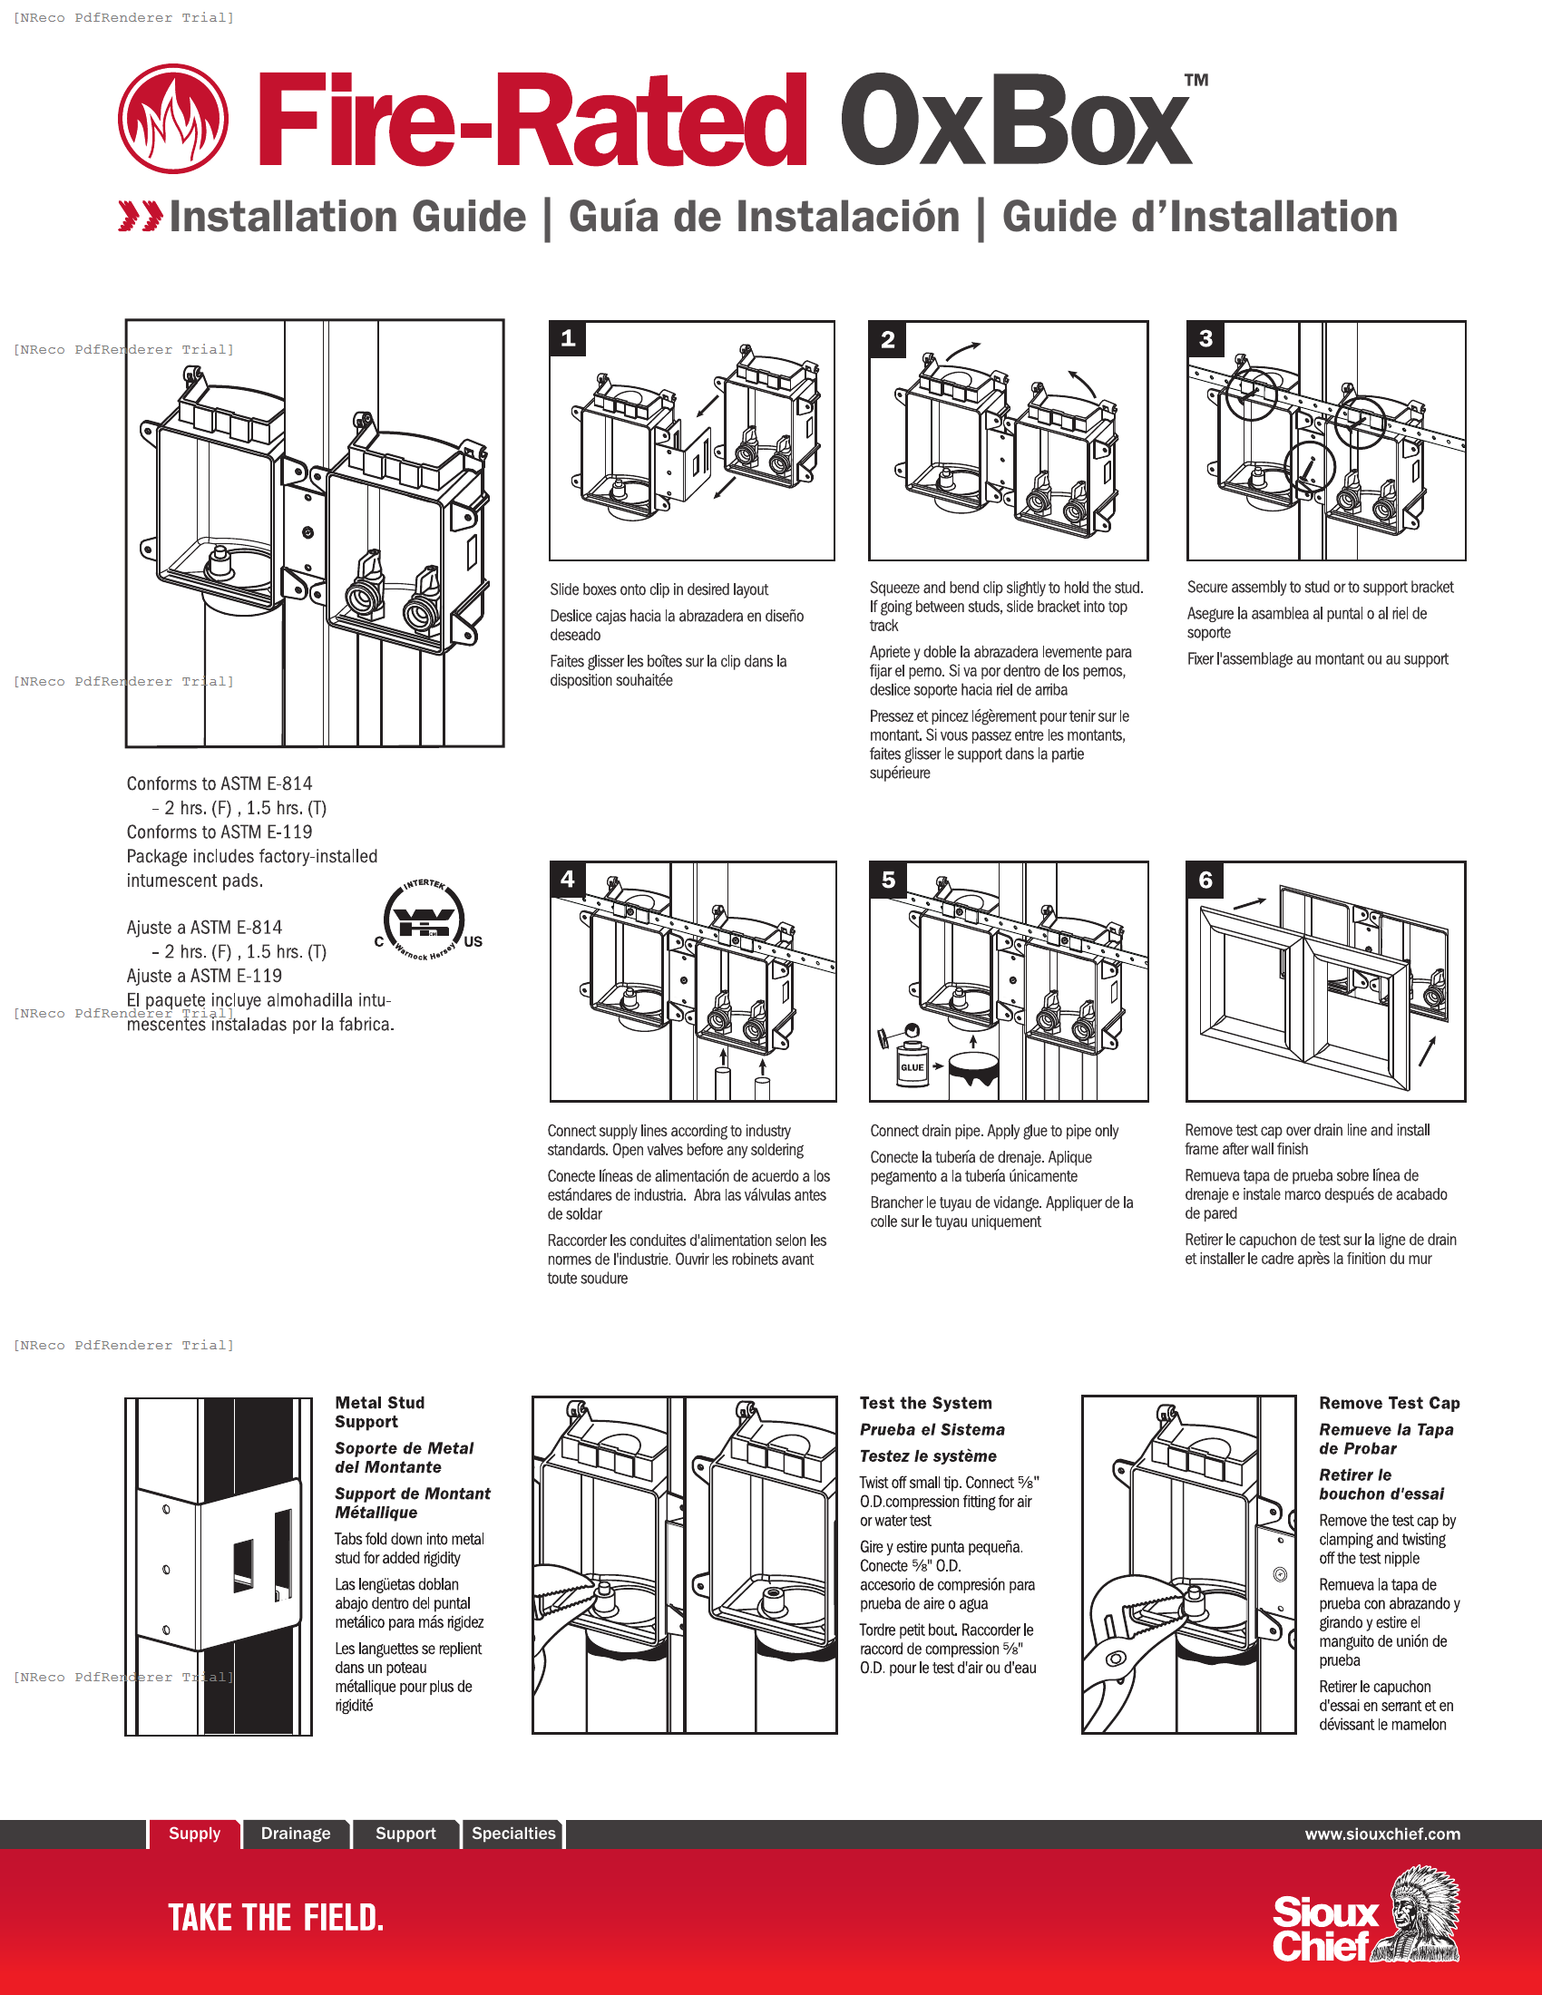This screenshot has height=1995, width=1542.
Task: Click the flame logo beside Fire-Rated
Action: click(172, 119)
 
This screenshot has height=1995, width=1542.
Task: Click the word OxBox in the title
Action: click(1016, 121)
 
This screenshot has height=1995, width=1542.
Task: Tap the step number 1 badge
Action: click(567, 339)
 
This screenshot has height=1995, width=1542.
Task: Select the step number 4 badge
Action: click(567, 879)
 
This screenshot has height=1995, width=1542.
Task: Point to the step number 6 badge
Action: click(1205, 880)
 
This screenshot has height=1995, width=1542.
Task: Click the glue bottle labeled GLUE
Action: click(912, 1059)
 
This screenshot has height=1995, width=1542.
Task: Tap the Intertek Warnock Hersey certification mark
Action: click(425, 920)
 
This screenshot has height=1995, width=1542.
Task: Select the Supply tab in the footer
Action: click(195, 1834)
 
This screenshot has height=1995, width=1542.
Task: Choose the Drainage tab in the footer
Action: click(296, 1834)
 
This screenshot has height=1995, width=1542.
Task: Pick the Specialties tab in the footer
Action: click(513, 1834)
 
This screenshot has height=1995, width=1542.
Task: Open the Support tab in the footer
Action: click(405, 1834)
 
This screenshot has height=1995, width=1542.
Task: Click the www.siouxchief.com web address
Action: click(1382, 1834)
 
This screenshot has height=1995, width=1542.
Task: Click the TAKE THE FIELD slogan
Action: click(276, 1917)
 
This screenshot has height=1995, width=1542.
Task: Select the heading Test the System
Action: click(925, 1403)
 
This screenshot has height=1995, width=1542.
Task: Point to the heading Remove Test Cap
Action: click(1389, 1403)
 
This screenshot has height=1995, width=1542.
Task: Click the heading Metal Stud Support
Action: click(379, 1412)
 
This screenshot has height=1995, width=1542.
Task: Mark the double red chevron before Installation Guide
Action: click(141, 217)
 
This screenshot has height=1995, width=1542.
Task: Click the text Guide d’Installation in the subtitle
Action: click(1199, 218)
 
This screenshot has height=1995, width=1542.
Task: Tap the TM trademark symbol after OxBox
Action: click(1196, 81)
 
